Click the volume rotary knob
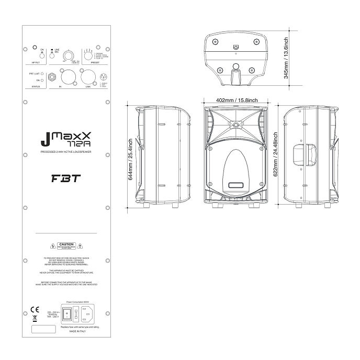[67, 56]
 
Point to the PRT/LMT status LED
[46, 74]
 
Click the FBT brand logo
[62, 177]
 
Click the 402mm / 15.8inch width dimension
[233, 99]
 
